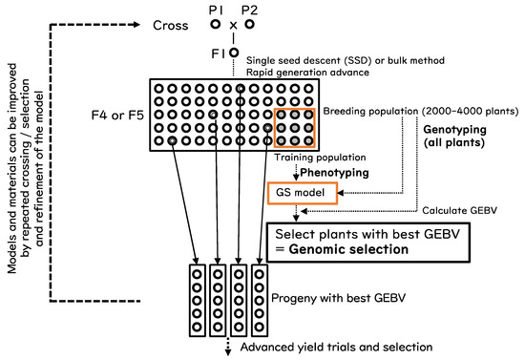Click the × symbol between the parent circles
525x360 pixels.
(233, 26)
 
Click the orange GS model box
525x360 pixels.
(303, 194)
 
